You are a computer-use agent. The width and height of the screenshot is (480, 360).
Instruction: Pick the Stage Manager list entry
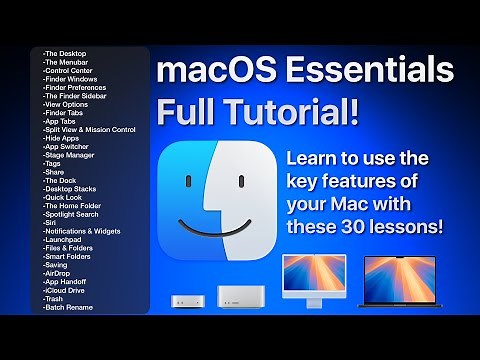coord(71,154)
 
